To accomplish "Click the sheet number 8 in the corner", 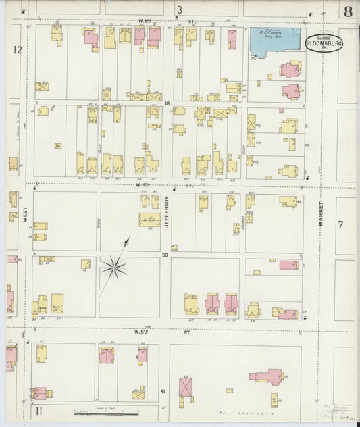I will (x=346, y=11).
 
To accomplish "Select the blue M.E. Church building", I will (x=275, y=42).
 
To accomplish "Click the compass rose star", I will (x=113, y=268).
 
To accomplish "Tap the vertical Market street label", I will (x=322, y=217).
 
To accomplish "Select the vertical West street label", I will (x=24, y=215).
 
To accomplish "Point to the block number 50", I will (x=165, y=255).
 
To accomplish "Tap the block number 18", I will (x=166, y=103).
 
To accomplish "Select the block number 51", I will (x=163, y=391).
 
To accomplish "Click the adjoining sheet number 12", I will (x=17, y=49).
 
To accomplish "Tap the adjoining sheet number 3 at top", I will (x=180, y=9).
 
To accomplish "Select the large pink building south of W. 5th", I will (x=267, y=376).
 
